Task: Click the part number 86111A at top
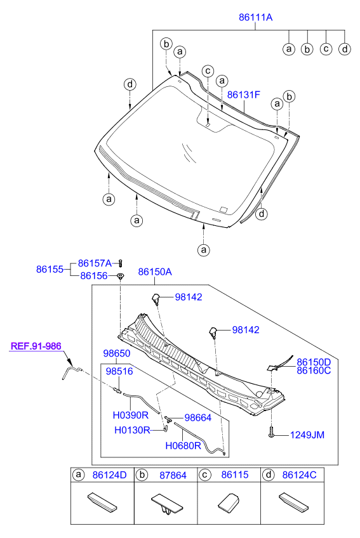pos(255,18)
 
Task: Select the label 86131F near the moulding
pos(244,95)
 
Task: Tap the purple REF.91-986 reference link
pos(36,346)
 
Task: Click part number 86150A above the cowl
pos(155,272)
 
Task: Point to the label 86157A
pos(95,263)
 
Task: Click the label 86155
pos(49,269)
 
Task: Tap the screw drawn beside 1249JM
pos(272,433)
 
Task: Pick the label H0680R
pos(183,445)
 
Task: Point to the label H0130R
pos(132,430)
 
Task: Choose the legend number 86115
pos(234,475)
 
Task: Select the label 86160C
pos(314,371)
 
